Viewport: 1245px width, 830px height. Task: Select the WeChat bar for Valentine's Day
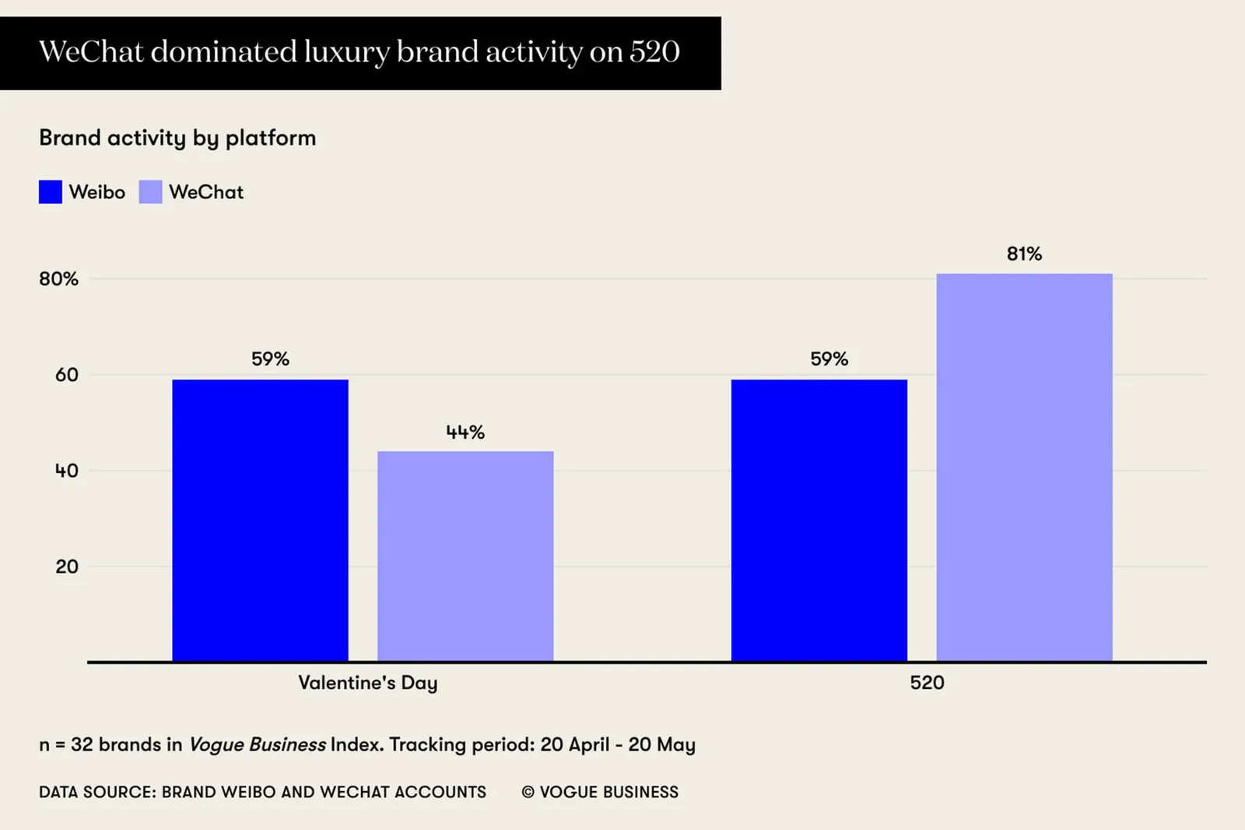pos(465,555)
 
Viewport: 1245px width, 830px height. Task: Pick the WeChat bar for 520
pos(1024,467)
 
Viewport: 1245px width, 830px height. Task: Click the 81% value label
pos(1024,254)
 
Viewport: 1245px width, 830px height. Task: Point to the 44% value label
pos(465,433)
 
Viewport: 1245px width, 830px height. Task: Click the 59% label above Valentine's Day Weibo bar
pos(270,359)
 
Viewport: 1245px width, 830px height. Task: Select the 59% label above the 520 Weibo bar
pos(829,359)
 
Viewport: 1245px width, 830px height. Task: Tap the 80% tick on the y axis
pos(59,279)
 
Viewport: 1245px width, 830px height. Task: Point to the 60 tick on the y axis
pos(67,375)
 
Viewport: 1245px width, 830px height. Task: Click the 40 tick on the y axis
pos(67,471)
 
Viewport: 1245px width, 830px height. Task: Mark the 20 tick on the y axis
pos(67,567)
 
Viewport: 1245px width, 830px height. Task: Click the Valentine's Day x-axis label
pos(367,683)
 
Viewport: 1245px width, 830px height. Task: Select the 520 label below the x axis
pos(927,683)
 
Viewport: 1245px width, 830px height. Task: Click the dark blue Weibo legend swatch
pos(51,192)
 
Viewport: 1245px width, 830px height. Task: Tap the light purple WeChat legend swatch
pos(150,192)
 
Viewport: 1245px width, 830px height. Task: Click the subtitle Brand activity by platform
pos(177,138)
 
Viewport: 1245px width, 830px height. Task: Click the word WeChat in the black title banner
pos(91,52)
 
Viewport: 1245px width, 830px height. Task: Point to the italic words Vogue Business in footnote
pos(258,744)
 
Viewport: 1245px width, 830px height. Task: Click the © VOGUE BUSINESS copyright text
pos(600,792)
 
